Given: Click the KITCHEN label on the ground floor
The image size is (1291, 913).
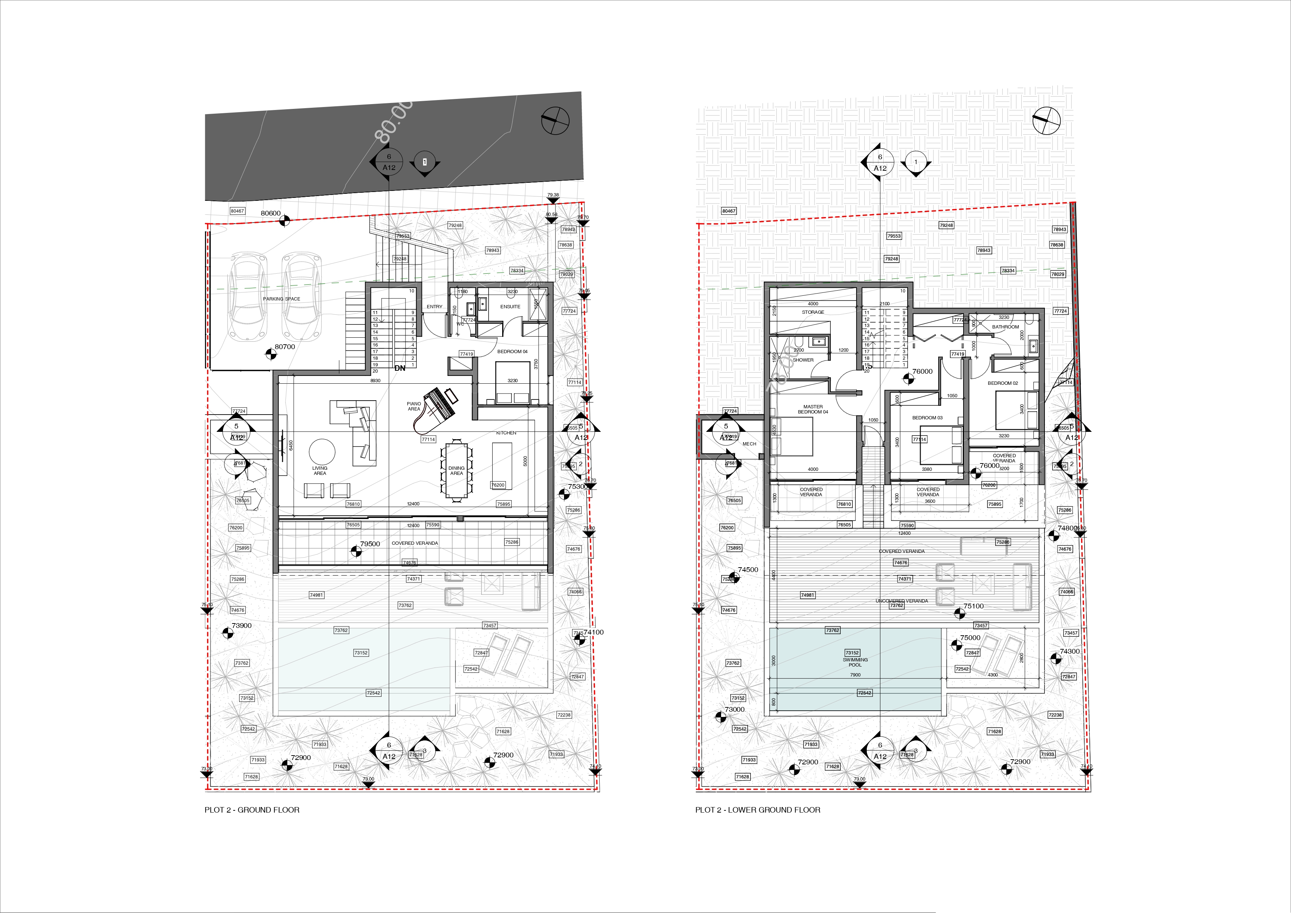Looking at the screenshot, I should click(506, 433).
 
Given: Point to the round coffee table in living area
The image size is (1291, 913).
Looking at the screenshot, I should click(322, 451).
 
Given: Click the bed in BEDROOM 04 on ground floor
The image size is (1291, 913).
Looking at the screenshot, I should click(512, 382).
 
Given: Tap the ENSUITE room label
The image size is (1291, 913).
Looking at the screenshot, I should click(510, 307).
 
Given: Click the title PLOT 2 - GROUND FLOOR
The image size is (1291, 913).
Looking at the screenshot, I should click(252, 810).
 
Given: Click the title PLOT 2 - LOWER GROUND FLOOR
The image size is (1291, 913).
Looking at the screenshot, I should click(758, 810).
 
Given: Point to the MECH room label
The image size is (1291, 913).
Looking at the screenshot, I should click(749, 444).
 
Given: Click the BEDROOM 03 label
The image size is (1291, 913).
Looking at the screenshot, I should click(927, 418).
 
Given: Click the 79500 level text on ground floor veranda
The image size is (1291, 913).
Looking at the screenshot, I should click(370, 544).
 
